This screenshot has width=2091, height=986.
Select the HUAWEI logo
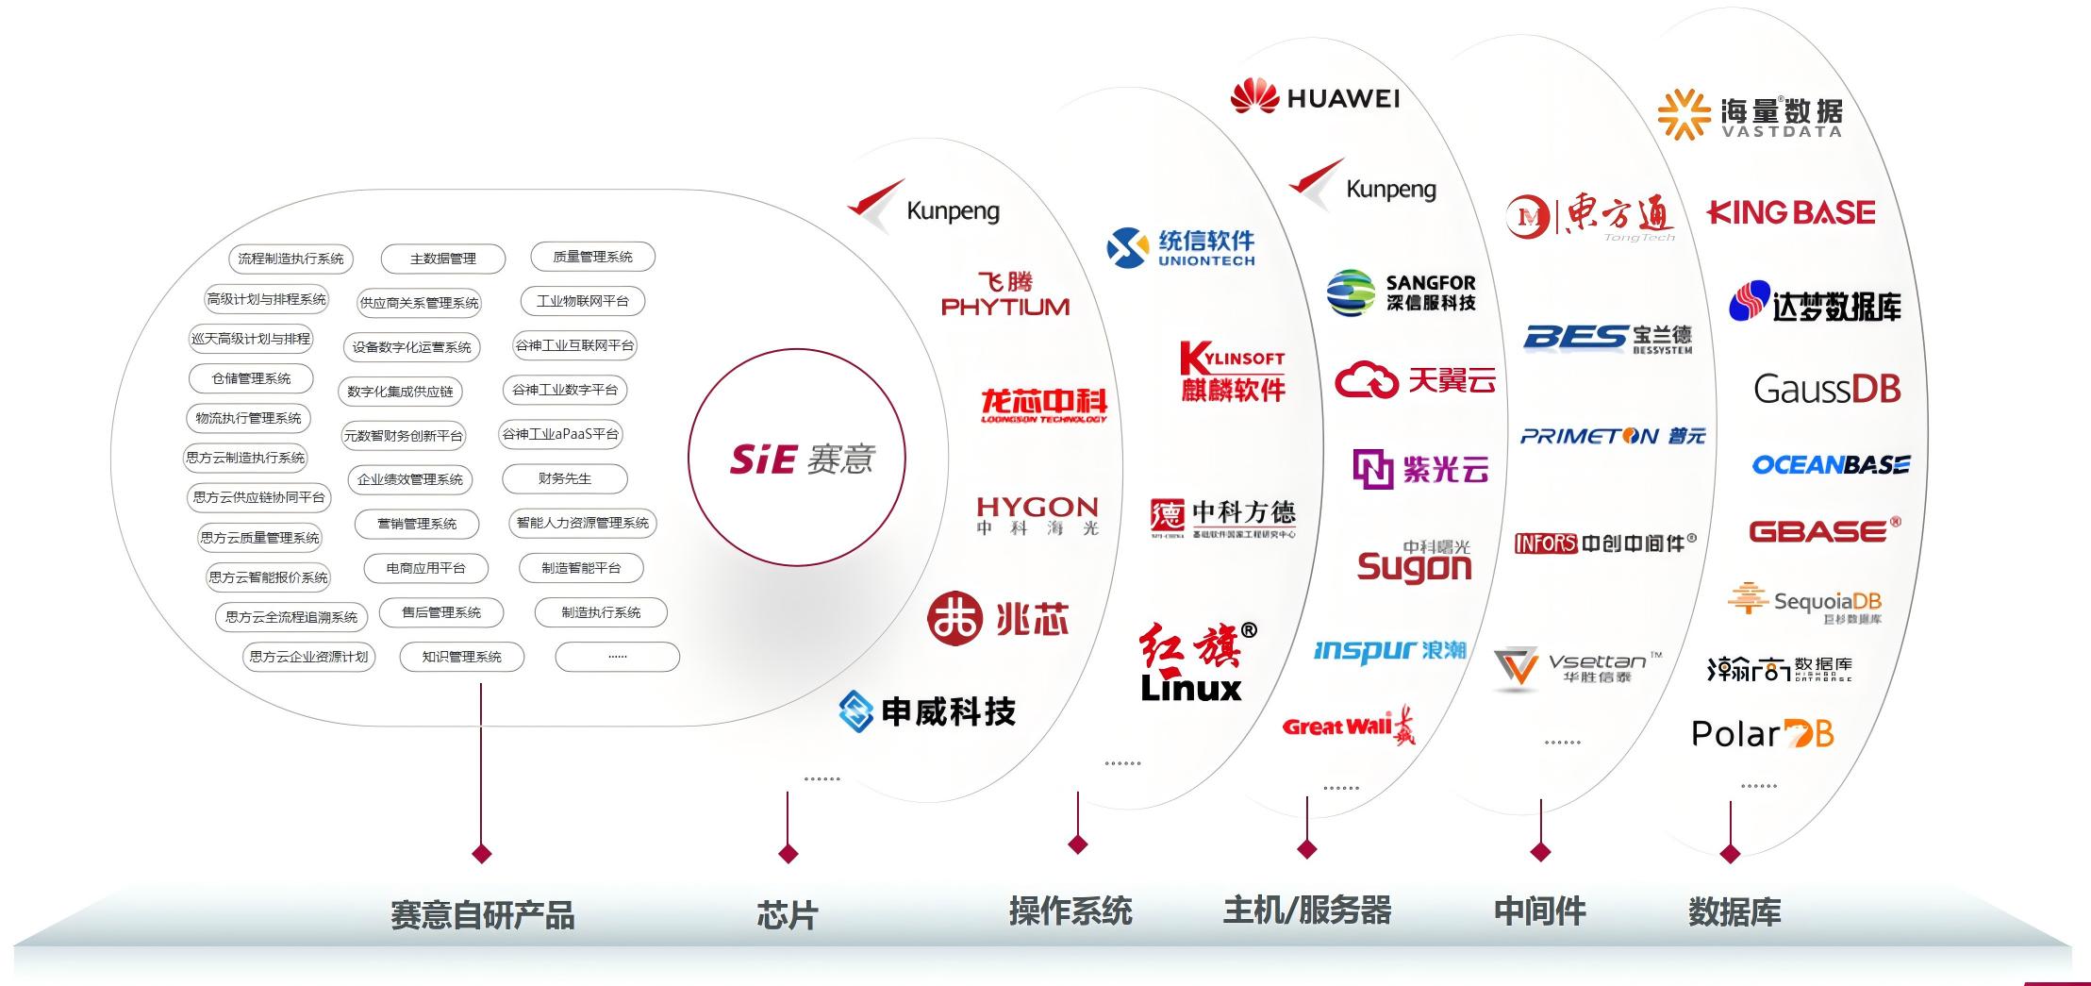pos(1316,97)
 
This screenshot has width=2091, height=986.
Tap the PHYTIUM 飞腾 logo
pos(1005,294)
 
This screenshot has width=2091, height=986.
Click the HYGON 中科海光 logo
pos(1037,515)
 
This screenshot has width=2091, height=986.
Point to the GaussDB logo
pos(1827,389)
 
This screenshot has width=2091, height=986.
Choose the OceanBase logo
pos(1830,464)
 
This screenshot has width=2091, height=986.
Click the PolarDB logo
pos(1762,733)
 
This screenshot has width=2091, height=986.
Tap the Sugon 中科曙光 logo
pos(1414,562)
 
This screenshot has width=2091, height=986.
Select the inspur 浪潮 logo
pos(1389,650)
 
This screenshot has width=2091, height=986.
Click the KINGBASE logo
pos(1791,212)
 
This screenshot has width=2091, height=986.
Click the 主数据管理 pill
pos(443,259)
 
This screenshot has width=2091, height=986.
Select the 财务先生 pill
pos(565,478)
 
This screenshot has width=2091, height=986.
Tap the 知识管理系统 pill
pos(461,657)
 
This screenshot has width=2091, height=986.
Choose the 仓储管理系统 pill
pos(251,378)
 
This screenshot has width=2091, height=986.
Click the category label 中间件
pos(1540,911)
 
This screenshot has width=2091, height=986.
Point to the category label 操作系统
pos(1070,911)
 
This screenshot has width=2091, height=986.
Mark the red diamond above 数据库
pos(1730,854)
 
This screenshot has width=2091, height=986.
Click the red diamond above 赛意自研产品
pos(481,854)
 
